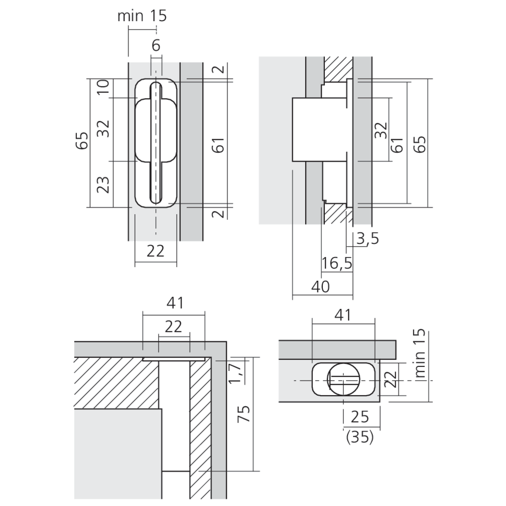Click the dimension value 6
[156, 46]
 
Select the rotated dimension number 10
[103, 87]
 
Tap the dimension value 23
[103, 185]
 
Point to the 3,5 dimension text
[367, 239]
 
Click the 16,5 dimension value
[337, 264]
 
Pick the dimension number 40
[320, 286]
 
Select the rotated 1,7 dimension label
[235, 373]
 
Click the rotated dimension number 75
[244, 414]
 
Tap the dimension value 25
[360, 417]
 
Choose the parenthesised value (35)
[360, 437]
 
